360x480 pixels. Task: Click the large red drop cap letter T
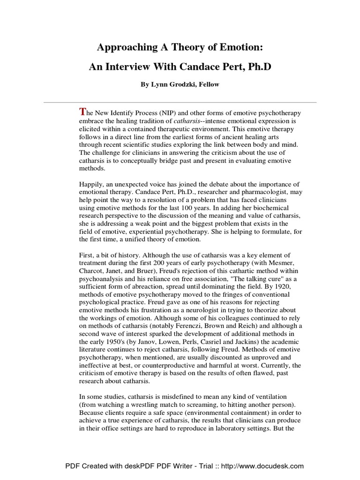coord(83,112)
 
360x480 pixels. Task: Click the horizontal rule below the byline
coord(180,102)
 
